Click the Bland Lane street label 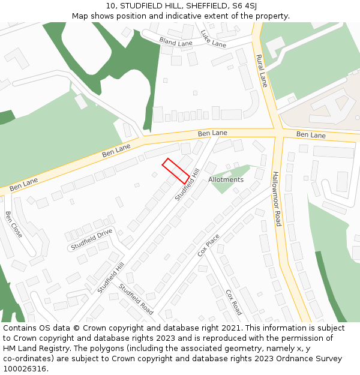(x=175, y=41)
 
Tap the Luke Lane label (x=213, y=38)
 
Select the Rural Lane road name (x=262, y=71)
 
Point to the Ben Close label (x=13, y=224)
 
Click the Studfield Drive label (x=91, y=239)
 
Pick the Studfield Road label (x=136, y=298)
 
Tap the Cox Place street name (x=208, y=245)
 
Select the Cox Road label (x=233, y=302)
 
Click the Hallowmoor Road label (x=277, y=199)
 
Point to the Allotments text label (x=226, y=179)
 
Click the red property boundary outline (x=176, y=171)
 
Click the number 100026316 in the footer (x=25, y=369)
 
